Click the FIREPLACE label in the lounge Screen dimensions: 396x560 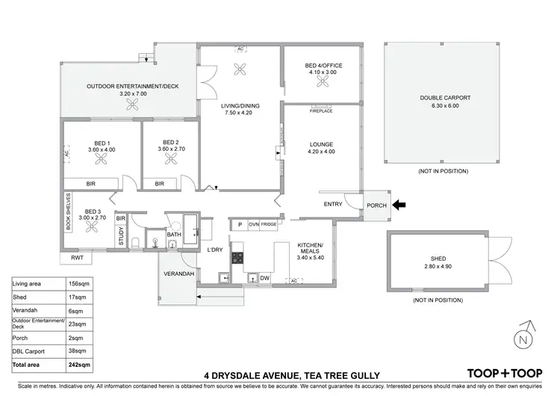pyautogui.click(x=322, y=111)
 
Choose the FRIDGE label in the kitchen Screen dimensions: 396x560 pyautogui.click(x=269, y=224)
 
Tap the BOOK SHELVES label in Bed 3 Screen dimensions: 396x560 pyautogui.click(x=67, y=215)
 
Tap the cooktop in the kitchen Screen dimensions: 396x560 pyautogui.click(x=238, y=259)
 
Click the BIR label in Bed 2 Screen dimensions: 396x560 pyautogui.click(x=160, y=183)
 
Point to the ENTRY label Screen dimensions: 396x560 pyautogui.click(x=333, y=205)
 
